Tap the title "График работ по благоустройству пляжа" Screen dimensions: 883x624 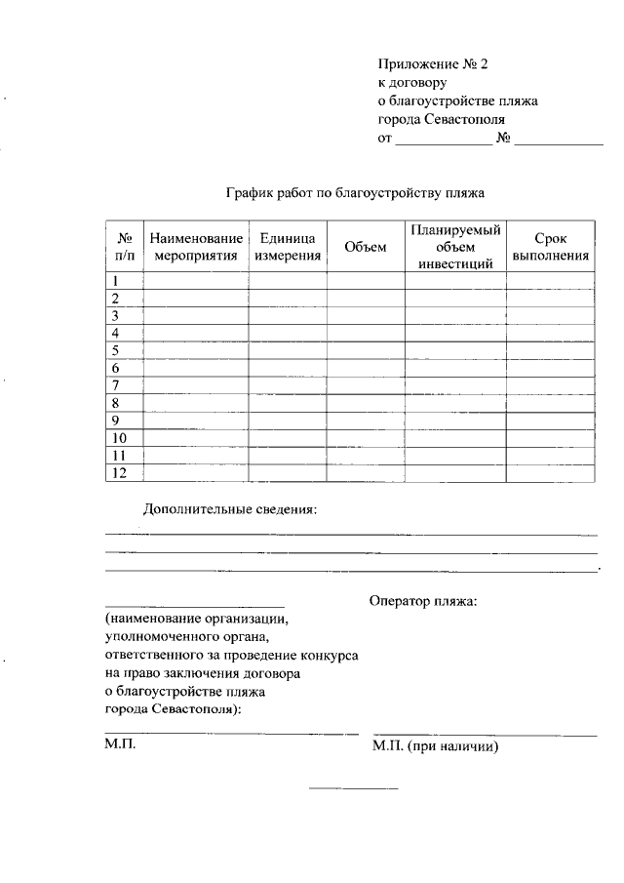coord(355,193)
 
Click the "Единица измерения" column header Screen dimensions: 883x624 coord(288,248)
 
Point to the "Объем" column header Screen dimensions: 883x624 coord(366,248)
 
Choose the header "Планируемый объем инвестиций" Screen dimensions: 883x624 coord(455,247)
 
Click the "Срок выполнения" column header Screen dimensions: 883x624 coord(550,248)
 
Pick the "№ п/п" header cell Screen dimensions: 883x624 coord(124,248)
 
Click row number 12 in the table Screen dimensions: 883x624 coord(120,473)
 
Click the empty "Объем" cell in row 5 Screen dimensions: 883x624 coord(366,350)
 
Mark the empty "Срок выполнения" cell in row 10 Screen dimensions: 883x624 coord(550,438)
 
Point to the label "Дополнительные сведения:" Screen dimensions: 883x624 coord(230,509)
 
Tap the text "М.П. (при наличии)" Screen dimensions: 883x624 coord(436,747)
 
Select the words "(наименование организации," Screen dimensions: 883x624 coord(197,620)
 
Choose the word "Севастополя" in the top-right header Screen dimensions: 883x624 coord(465,120)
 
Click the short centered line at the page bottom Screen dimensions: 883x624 coord(353,787)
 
